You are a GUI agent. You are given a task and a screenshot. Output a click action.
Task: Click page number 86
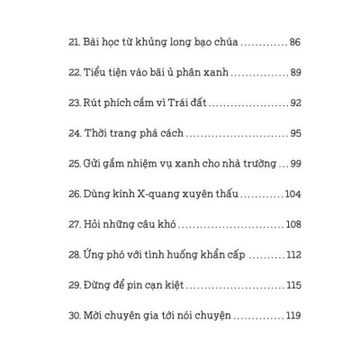tap(295, 42)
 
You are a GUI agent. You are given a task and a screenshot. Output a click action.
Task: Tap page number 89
tap(295, 73)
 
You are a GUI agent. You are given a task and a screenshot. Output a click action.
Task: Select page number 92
tap(295, 103)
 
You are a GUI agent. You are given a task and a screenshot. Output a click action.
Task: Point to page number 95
tap(295, 133)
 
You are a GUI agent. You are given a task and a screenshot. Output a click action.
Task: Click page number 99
tap(295, 164)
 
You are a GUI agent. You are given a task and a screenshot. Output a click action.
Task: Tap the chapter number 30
tap(74, 316)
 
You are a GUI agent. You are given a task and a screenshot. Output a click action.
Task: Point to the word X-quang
tap(161, 194)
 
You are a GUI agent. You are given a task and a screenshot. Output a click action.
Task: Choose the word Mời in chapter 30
tap(95, 316)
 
